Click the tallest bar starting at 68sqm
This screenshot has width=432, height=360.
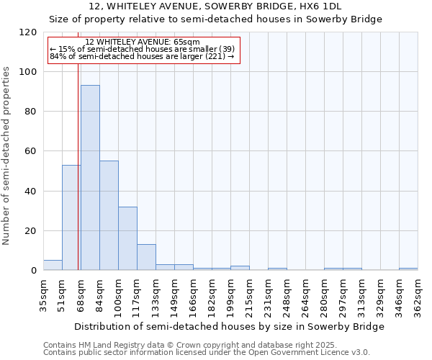pos(90,178)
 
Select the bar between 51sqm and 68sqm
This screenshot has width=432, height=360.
pos(71,217)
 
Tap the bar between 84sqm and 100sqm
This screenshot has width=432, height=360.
pos(109,215)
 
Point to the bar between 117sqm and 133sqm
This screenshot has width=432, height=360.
pos(146,257)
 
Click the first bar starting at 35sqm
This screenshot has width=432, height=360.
pos(53,265)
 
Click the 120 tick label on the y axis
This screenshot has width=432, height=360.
pos(28,32)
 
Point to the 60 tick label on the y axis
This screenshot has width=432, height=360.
pos(31,151)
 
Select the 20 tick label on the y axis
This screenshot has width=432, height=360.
pos(31,231)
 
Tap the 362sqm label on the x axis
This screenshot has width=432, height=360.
pos(418,294)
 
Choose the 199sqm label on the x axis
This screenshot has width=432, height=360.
pos(230,294)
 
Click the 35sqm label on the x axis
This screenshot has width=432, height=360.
pos(43,294)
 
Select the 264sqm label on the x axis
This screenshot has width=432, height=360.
pos(305,294)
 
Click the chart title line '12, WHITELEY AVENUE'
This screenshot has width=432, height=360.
pos(216,6)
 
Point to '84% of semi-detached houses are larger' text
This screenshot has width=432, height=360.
pos(142,56)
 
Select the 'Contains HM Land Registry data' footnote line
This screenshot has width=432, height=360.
pos(206,345)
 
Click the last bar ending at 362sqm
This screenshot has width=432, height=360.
pos(408,269)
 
